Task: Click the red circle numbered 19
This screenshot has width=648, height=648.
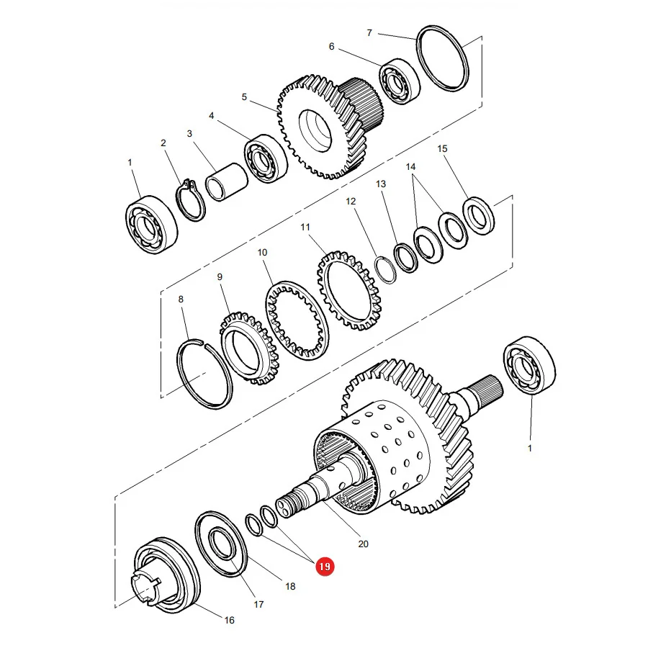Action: (x=325, y=566)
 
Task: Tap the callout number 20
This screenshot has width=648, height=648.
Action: (x=364, y=544)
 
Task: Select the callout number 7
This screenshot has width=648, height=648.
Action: (x=369, y=32)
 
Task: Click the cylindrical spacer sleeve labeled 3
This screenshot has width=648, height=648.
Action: (x=227, y=182)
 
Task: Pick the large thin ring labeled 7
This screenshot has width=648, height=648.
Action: (x=443, y=58)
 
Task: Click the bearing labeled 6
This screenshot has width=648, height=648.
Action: (x=400, y=81)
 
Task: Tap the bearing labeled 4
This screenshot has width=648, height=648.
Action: (x=266, y=158)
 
